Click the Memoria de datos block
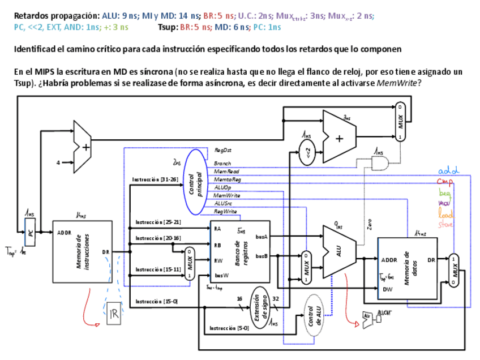pos(407,268)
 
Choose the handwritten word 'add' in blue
pos(448,170)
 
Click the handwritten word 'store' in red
pos(445,225)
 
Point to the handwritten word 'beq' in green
pos(445,192)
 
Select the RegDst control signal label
pos(222,150)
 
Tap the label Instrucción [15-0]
pos(156,301)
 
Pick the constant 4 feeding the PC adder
pos(57,162)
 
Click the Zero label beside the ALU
pos(370,225)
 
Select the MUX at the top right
pos(401,121)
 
